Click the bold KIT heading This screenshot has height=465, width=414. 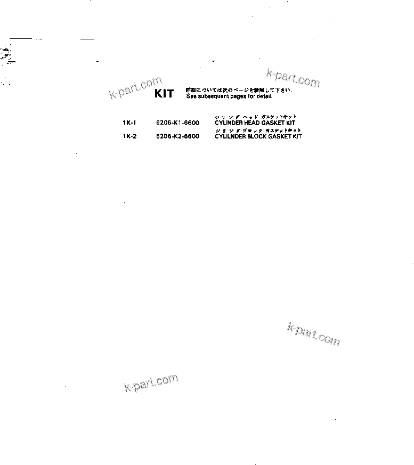pyautogui.click(x=164, y=94)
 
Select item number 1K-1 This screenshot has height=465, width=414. pyautogui.click(x=129, y=123)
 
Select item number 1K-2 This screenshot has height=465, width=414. pyautogui.click(x=129, y=136)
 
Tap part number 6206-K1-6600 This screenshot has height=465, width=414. pyautogui.click(x=178, y=123)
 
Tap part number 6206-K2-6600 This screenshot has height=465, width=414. pyautogui.click(x=178, y=136)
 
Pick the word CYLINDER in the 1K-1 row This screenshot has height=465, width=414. pyautogui.click(x=229, y=123)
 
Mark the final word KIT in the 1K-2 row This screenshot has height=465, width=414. pyautogui.click(x=297, y=136)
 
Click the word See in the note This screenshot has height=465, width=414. pyautogui.click(x=191, y=96)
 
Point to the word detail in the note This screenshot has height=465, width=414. pyautogui.click(x=264, y=96)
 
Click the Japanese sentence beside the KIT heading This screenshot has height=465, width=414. pyautogui.click(x=239, y=90)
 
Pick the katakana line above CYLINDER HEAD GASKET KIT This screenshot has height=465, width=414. pyautogui.click(x=255, y=117)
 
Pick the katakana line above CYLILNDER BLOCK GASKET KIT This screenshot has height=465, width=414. pyautogui.click(x=258, y=130)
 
